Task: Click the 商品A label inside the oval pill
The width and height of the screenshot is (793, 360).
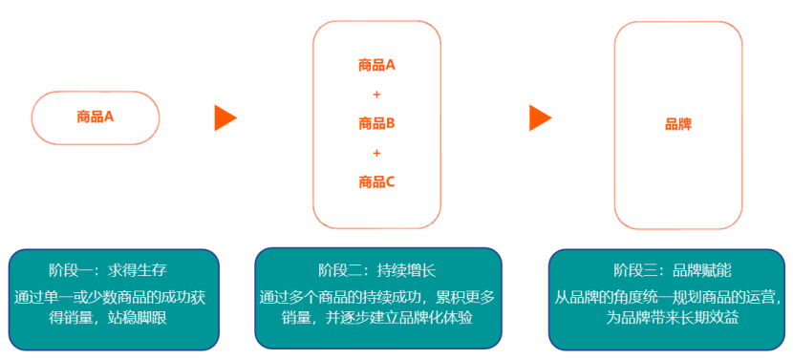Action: point(96,117)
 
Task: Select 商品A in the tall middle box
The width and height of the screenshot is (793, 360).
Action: point(376,66)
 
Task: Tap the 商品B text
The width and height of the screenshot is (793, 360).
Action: point(376,123)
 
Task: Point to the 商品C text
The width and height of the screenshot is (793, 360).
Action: point(376,181)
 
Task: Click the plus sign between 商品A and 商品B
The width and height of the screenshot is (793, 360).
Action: point(376,95)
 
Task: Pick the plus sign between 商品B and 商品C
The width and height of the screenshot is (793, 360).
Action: point(376,153)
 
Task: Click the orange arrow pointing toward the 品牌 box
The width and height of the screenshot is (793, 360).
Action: point(541,117)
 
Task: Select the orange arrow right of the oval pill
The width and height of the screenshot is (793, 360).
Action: point(225,117)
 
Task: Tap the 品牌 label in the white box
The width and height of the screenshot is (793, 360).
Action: point(678,124)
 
